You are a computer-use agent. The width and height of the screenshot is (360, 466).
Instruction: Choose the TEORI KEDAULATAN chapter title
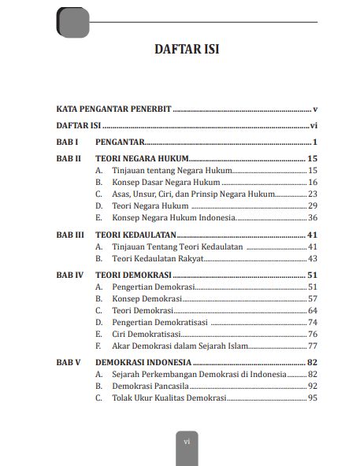tap(134, 235)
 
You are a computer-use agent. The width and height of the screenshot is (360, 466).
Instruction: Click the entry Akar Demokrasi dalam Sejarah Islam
tap(180, 346)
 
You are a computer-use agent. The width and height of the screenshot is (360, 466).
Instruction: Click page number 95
tap(313, 398)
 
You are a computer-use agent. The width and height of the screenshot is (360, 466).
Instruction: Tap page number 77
tap(313, 346)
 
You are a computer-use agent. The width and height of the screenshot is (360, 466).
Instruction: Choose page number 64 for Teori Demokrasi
tap(313, 310)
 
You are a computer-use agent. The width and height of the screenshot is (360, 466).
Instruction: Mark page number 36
tap(313, 217)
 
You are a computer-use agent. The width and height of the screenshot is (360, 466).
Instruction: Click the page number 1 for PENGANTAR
tap(314, 142)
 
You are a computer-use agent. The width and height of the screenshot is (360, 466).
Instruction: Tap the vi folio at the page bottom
tap(187, 442)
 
